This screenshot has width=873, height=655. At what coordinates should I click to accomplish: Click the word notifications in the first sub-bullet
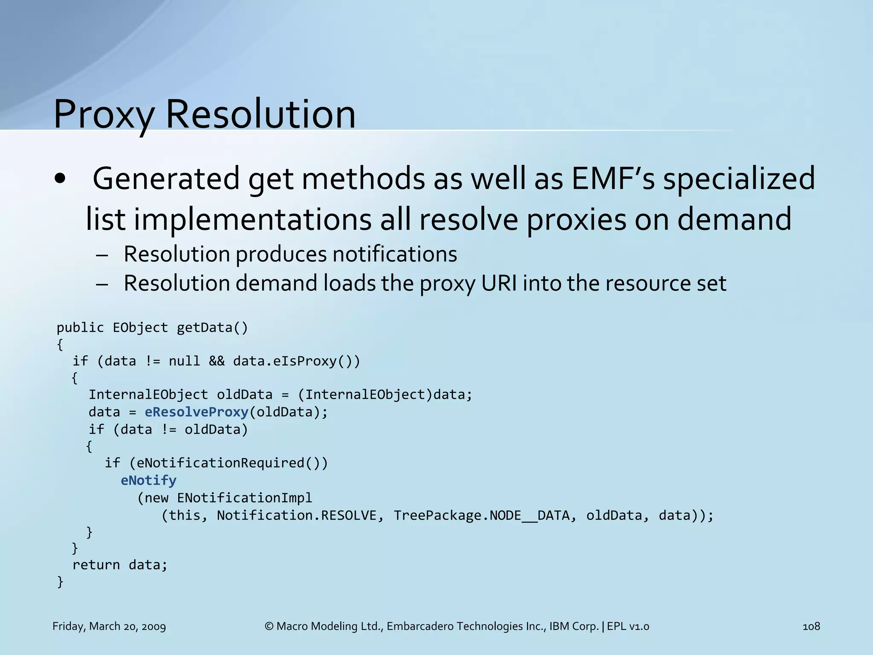pyautogui.click(x=395, y=254)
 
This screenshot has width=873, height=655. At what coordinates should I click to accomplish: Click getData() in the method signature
pyautogui.click(x=212, y=327)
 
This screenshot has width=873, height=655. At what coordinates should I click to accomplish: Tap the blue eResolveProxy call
pyautogui.click(x=197, y=412)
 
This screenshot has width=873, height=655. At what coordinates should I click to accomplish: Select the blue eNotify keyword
pyautogui.click(x=148, y=481)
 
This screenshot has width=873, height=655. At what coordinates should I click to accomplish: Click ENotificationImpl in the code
pyautogui.click(x=244, y=498)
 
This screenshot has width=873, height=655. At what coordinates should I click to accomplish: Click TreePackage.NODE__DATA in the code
pyautogui.click(x=481, y=516)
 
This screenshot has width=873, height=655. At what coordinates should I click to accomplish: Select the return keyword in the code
pyautogui.click(x=96, y=565)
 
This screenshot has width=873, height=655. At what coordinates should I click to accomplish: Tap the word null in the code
pyautogui.click(x=184, y=361)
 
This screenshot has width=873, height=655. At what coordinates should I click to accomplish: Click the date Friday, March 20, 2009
pyautogui.click(x=109, y=626)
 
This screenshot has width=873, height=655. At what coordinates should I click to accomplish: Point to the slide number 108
pyautogui.click(x=811, y=626)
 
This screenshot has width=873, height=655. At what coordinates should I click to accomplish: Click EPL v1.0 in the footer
pyautogui.click(x=628, y=626)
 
